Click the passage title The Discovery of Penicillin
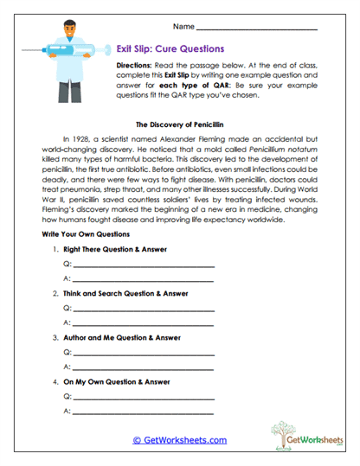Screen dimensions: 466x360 (x=179, y=124)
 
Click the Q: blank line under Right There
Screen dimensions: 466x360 (x=143, y=265)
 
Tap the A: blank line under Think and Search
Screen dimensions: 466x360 (x=143, y=323)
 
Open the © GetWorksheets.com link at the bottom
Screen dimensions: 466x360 (x=179, y=440)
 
